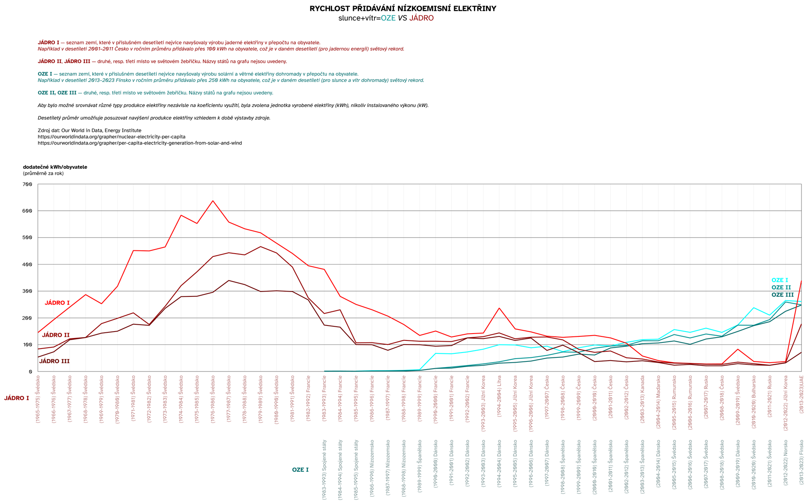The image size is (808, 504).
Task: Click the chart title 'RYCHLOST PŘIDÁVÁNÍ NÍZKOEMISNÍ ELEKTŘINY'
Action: pyautogui.click(x=403, y=8)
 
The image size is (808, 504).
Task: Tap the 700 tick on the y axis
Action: pyautogui.click(x=27, y=185)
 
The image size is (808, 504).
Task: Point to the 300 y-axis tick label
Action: pyautogui.click(x=27, y=291)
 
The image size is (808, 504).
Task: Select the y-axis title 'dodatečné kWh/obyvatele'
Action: pyautogui.click(x=55, y=167)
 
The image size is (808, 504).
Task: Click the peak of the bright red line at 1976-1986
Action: pyautogui.click(x=213, y=201)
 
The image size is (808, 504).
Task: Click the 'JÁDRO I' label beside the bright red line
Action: pyautogui.click(x=57, y=303)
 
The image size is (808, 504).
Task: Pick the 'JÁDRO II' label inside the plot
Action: pyautogui.click(x=56, y=335)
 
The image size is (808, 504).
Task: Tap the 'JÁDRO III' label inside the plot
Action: pyautogui.click(x=54, y=361)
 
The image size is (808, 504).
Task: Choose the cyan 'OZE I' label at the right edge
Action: pyautogui.click(x=779, y=280)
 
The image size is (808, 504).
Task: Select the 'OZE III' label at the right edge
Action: pyautogui.click(x=782, y=295)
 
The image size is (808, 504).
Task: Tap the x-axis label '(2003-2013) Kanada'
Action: pyautogui.click(x=642, y=400)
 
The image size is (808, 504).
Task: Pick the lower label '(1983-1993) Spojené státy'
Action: pyautogui.click(x=324, y=470)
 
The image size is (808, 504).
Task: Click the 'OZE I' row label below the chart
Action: pyautogui.click(x=300, y=470)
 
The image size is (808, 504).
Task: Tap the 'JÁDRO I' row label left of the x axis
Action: pyautogui.click(x=17, y=398)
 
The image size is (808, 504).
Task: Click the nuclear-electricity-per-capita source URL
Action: pyautogui.click(x=112, y=137)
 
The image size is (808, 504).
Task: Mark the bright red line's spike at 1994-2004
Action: pyautogui.click(x=499, y=308)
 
